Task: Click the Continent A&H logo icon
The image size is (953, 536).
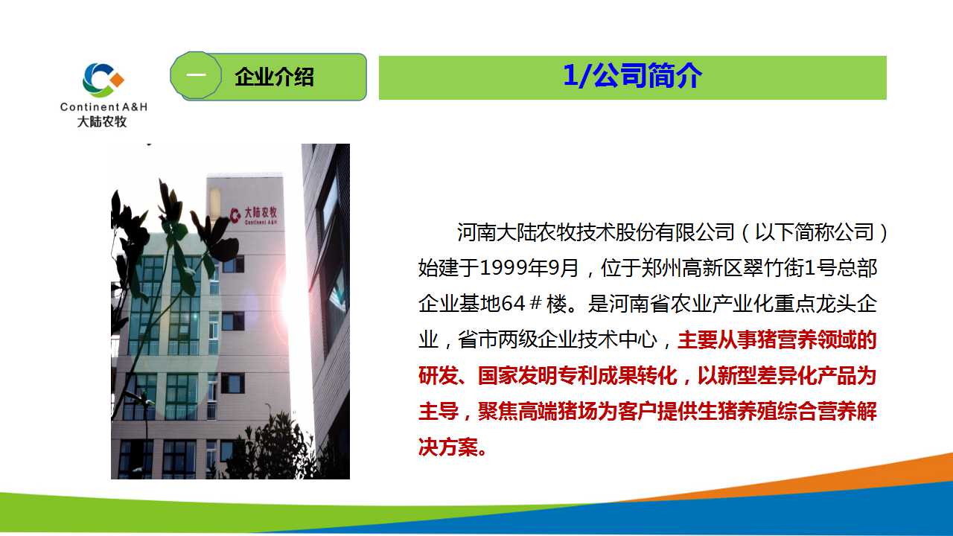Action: point(103,80)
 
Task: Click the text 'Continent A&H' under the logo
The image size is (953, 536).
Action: point(103,106)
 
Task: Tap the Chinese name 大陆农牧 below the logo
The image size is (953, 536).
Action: point(102,121)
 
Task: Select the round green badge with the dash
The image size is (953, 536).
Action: point(196,76)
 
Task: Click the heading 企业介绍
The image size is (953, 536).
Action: point(275,77)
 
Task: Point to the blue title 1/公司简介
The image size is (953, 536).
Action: point(632,76)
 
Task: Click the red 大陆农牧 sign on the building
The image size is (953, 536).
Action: point(255,215)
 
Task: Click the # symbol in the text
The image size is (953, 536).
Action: point(536,303)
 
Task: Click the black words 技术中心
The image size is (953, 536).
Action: point(617,340)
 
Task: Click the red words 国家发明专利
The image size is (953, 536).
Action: point(538,376)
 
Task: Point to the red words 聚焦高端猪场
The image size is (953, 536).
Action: point(538,412)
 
